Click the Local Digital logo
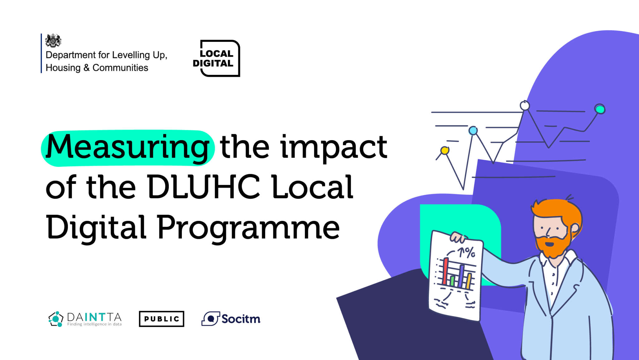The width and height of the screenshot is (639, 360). click(x=217, y=58)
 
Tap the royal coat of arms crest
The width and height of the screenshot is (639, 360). click(x=53, y=41)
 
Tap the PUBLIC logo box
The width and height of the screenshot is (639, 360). click(x=161, y=319)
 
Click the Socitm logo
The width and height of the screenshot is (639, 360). click(x=231, y=319)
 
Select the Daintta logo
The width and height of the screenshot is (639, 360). click(x=85, y=319)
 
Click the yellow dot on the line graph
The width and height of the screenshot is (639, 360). click(x=445, y=150)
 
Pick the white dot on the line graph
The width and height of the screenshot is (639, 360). click(x=525, y=106)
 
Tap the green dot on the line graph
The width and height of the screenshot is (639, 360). click(x=600, y=109)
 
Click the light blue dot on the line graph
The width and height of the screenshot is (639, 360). click(x=473, y=130)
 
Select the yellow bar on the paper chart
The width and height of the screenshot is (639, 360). click(x=469, y=281)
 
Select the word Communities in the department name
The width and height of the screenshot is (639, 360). click(x=120, y=68)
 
